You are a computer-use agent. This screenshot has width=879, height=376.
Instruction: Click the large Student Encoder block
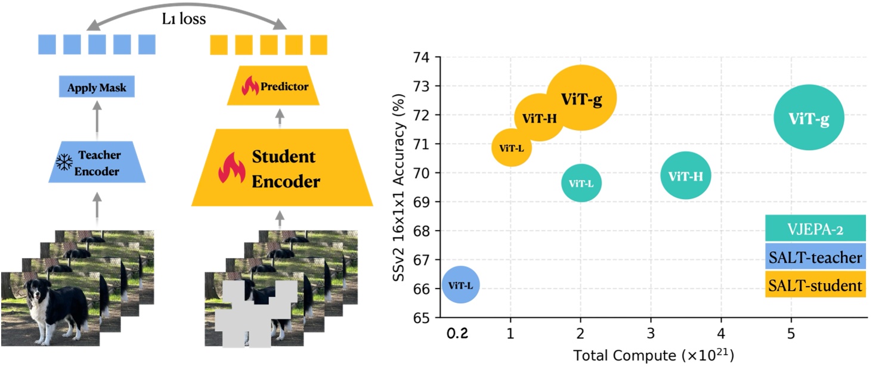tap(282, 169)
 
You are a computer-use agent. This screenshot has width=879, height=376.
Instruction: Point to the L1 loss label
tap(184, 19)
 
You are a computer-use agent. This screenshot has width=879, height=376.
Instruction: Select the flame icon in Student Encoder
tap(232, 168)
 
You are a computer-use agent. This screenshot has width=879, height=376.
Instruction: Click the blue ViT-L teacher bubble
tap(461, 285)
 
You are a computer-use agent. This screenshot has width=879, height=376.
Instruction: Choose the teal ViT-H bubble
tap(686, 176)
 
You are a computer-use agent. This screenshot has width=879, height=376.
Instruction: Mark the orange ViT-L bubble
tap(511, 147)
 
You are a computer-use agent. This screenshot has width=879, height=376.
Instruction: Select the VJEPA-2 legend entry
tap(815, 229)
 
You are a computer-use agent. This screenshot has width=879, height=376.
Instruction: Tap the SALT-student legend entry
tap(815, 285)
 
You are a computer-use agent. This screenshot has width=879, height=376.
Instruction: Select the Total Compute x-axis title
tap(653, 356)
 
